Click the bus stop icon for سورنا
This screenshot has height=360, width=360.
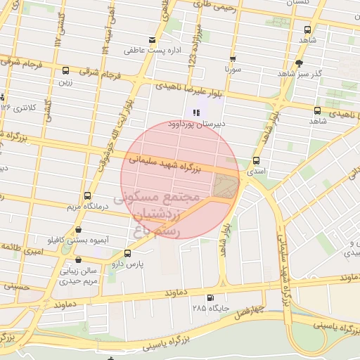tap(233, 59)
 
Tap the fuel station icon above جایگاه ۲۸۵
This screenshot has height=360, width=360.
tap(212, 297)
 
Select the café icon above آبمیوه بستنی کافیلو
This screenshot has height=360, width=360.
tap(77, 229)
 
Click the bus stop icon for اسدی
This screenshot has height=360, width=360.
tap(256, 160)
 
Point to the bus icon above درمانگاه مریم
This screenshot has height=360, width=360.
tap(87, 195)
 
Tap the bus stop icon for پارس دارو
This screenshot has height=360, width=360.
tap(127, 253)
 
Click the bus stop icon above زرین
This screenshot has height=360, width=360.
tap(65, 70)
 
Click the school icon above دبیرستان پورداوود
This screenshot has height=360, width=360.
tap(195, 112)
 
